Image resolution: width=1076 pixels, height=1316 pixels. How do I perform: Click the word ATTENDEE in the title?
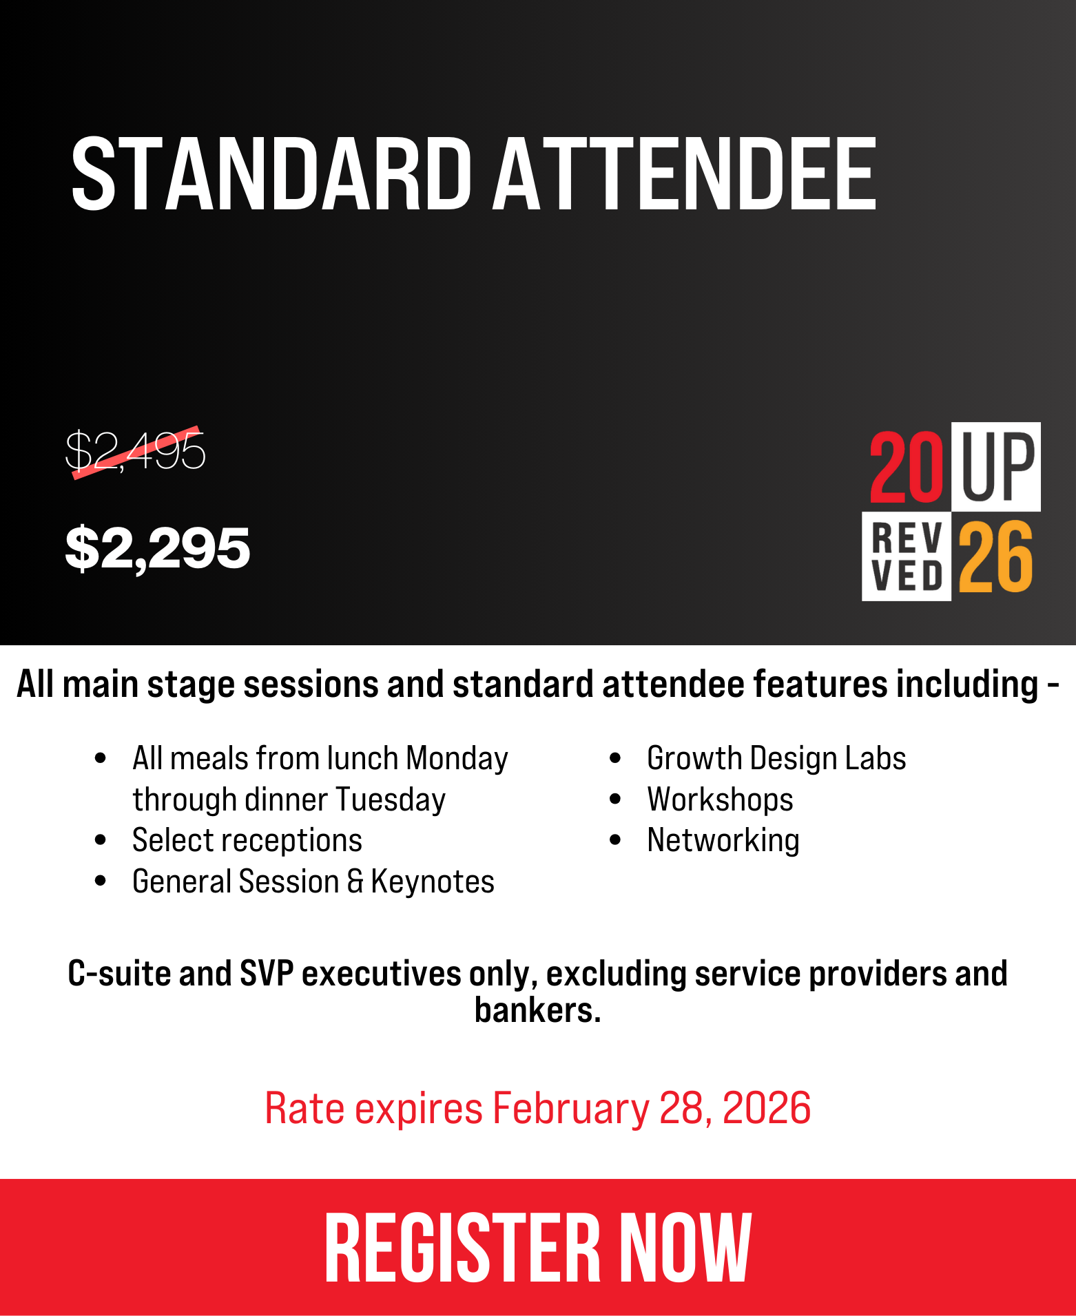click(684, 173)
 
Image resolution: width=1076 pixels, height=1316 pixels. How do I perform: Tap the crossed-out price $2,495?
click(135, 452)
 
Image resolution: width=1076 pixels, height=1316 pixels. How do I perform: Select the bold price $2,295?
click(157, 547)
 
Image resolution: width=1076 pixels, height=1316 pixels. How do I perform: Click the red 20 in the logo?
click(906, 467)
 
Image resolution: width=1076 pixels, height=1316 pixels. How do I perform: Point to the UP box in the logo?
click(996, 466)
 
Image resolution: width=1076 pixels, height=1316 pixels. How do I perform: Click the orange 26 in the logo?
click(996, 556)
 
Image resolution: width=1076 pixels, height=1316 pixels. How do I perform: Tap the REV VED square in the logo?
click(907, 556)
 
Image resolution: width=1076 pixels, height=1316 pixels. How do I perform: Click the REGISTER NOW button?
click(538, 1246)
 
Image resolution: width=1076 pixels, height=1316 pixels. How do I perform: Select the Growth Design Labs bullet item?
click(776, 758)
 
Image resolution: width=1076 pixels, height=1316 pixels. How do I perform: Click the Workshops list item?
click(720, 800)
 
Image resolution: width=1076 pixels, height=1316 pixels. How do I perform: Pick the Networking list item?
click(723, 841)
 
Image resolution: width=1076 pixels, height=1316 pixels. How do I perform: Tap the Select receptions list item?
click(247, 841)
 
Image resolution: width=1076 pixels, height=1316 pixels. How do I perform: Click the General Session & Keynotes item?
click(313, 882)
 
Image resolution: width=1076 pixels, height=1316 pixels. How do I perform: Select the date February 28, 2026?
click(652, 1109)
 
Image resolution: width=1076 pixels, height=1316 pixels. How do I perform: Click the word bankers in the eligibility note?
click(537, 1010)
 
